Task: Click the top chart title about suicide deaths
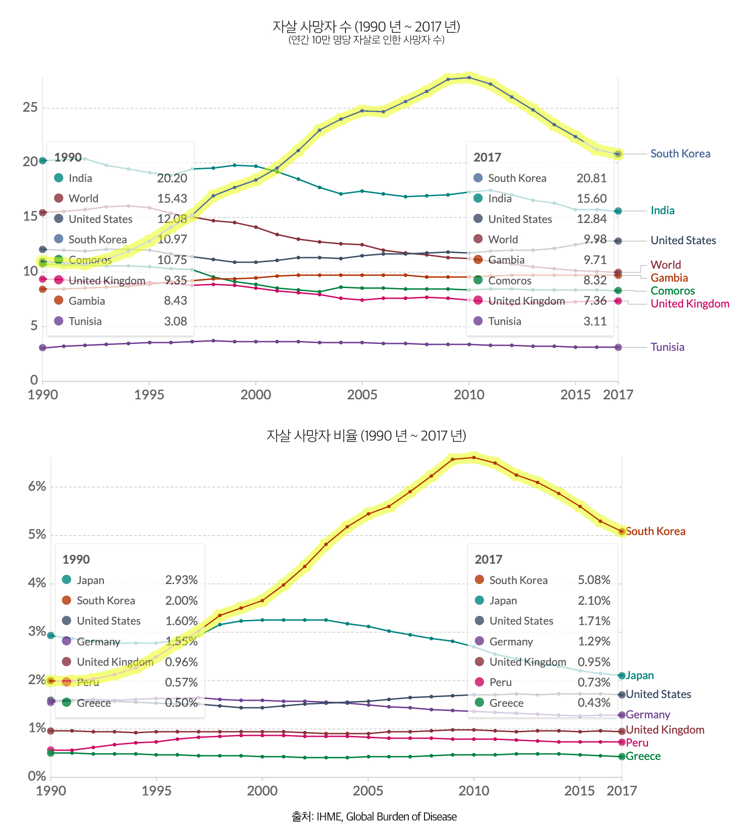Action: pyautogui.click(x=366, y=27)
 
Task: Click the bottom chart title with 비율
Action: pyautogui.click(x=366, y=435)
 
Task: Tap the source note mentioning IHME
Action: pyautogui.click(x=374, y=816)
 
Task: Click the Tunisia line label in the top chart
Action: pyautogui.click(x=667, y=347)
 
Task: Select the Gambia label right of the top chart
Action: pyautogui.click(x=669, y=278)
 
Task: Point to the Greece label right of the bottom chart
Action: pyautogui.click(x=643, y=756)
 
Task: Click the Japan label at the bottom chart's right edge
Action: pyautogui.click(x=640, y=675)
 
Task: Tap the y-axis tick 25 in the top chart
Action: pyautogui.click(x=30, y=108)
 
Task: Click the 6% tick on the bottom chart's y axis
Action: pyautogui.click(x=37, y=486)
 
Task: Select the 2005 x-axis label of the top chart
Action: pyautogui.click(x=362, y=395)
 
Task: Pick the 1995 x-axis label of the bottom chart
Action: pyautogui.click(x=157, y=791)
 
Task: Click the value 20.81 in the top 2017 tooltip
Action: pyautogui.click(x=591, y=178)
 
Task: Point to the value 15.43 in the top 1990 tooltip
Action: pyautogui.click(x=172, y=199)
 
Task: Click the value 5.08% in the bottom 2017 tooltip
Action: pyautogui.click(x=594, y=580)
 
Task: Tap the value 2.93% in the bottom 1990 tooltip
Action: pyautogui.click(x=181, y=580)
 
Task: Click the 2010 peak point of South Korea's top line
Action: pyautogui.click(x=469, y=78)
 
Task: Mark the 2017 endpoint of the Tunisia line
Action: pyautogui.click(x=618, y=347)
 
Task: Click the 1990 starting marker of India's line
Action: pyautogui.click(x=42, y=161)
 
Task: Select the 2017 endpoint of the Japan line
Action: pyautogui.click(x=622, y=675)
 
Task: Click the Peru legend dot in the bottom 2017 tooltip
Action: pyautogui.click(x=479, y=682)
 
